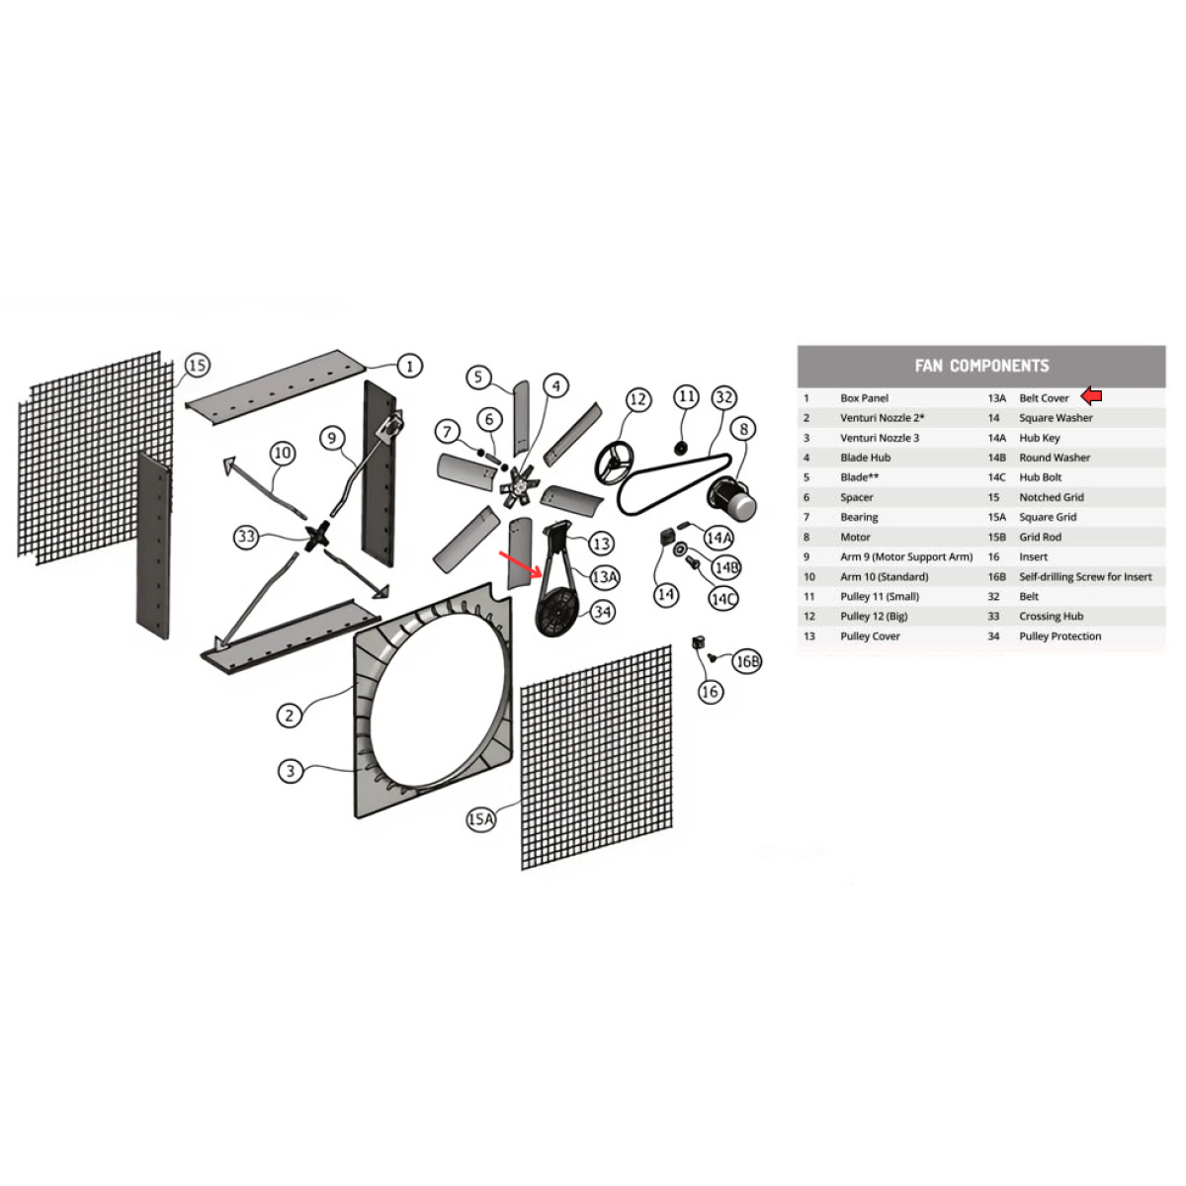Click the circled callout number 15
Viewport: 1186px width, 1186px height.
[x=197, y=365]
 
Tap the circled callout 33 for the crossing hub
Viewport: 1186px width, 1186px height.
[x=246, y=537]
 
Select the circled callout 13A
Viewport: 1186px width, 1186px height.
[x=605, y=576]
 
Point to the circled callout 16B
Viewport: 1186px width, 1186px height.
[x=746, y=661]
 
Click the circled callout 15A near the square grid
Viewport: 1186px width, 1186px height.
[x=481, y=819]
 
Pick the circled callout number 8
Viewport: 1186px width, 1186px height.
[x=743, y=429]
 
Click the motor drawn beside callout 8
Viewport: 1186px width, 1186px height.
[x=731, y=497]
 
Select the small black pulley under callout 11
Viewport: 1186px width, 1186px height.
[x=681, y=448]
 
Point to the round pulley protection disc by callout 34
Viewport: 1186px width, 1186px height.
[x=557, y=613]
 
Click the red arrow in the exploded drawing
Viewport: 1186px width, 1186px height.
[x=520, y=565]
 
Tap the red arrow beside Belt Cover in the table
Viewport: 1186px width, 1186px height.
[x=1091, y=396]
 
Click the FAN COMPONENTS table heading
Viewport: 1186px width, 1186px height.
[x=981, y=366]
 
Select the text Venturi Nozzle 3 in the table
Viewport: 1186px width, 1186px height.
[x=880, y=438]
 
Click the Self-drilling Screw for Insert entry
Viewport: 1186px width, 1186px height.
[x=1085, y=576]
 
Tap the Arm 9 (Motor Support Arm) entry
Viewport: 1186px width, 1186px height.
[x=906, y=556]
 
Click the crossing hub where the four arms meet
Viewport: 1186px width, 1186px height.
[x=316, y=537]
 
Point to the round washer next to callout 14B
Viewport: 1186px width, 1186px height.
[x=681, y=550]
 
